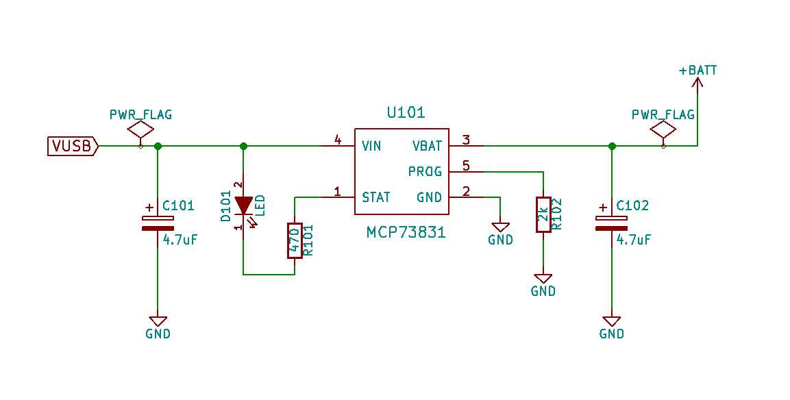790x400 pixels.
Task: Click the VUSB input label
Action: (72, 146)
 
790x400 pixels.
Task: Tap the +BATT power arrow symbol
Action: (698, 84)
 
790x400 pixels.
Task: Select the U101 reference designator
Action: (406, 112)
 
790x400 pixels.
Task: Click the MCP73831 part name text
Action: (406, 233)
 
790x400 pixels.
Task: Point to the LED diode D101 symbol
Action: (243, 204)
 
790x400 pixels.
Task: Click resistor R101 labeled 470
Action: (295, 240)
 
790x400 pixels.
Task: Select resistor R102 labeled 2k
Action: (543, 214)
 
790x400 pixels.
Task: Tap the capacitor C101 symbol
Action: (158, 223)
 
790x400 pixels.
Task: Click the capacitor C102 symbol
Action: (611, 223)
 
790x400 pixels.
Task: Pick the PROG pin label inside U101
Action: (425, 171)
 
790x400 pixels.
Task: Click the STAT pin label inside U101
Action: (376, 197)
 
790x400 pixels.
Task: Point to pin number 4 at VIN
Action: (337, 140)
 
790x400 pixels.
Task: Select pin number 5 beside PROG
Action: (466, 166)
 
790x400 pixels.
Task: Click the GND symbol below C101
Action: (158, 321)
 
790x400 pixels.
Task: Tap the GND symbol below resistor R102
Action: (543, 279)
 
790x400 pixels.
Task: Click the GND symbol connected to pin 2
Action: (500, 227)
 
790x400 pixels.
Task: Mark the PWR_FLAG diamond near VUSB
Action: (141, 129)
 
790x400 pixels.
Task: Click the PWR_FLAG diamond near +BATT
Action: (663, 129)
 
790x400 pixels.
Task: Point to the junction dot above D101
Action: (243, 146)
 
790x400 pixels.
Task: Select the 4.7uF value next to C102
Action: (633, 240)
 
